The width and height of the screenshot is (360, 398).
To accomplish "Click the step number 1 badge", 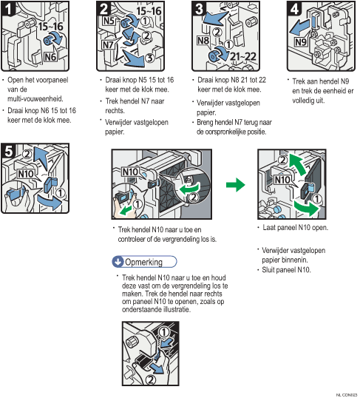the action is coord(8,9).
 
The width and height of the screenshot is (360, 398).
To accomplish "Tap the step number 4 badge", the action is coord(294,9).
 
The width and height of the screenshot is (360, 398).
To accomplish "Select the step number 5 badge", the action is coord(9,150).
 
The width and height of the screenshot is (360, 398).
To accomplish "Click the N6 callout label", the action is coord(50,57).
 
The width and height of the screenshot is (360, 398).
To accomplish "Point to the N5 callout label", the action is coord(109,20).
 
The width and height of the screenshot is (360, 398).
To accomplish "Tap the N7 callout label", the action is coord(108,45).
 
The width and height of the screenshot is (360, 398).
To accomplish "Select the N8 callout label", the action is coord(203,41).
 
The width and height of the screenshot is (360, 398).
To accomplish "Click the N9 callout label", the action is coord(301,41).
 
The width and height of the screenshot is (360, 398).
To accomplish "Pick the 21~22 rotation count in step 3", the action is coord(243,56).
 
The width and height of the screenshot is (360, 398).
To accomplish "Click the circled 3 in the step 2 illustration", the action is coord(150,58).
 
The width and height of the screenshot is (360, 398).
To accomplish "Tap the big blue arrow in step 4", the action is coord(299,28).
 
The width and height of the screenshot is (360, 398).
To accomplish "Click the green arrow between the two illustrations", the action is coord(236,184).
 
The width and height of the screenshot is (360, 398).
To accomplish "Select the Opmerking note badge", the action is coord(144,262).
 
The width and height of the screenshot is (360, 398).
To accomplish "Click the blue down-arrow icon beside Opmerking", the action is coord(118,262).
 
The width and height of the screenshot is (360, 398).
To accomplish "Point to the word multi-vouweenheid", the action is coord(35,98).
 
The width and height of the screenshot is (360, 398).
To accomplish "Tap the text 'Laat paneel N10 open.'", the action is coord(295,227).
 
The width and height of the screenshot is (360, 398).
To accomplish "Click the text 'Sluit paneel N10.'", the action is coord(286,269).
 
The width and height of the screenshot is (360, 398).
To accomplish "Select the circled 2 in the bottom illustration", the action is coord(151,380).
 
